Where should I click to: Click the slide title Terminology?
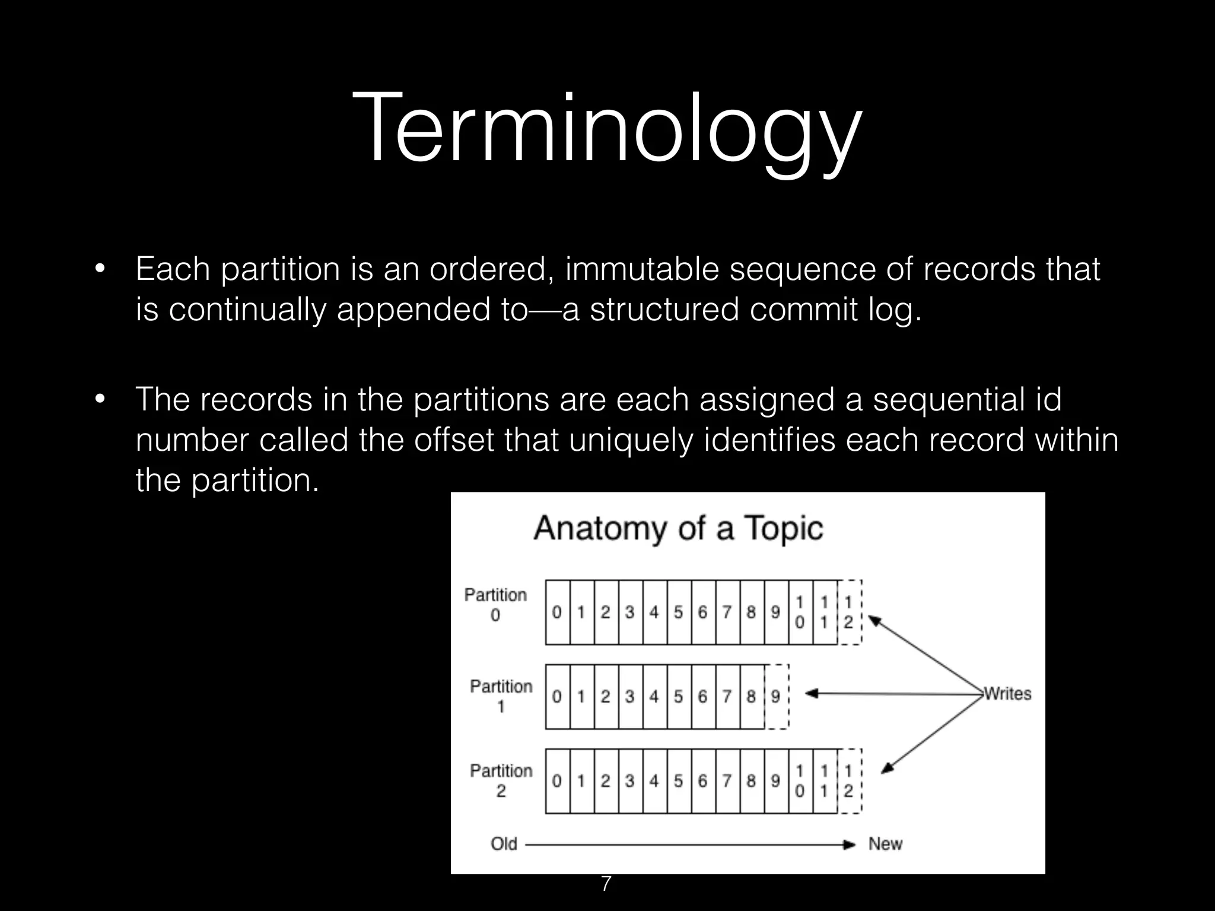click(x=606, y=128)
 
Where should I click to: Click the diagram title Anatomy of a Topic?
click(x=679, y=527)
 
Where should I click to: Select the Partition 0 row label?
click(x=495, y=604)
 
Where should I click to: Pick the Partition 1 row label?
click(x=501, y=696)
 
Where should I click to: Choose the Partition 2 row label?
click(x=501, y=780)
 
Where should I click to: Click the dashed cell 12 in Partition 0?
click(x=848, y=612)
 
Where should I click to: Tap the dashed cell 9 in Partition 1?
click(x=775, y=696)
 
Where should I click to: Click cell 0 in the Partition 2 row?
click(x=556, y=781)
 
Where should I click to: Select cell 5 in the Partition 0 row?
click(x=678, y=612)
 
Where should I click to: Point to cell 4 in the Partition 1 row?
click(x=654, y=696)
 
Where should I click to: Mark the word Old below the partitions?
click(x=504, y=843)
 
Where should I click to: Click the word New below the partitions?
click(x=885, y=843)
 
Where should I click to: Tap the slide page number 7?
click(x=606, y=884)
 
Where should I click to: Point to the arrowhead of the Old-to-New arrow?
click(x=850, y=844)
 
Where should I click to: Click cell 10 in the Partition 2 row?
click(x=800, y=781)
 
